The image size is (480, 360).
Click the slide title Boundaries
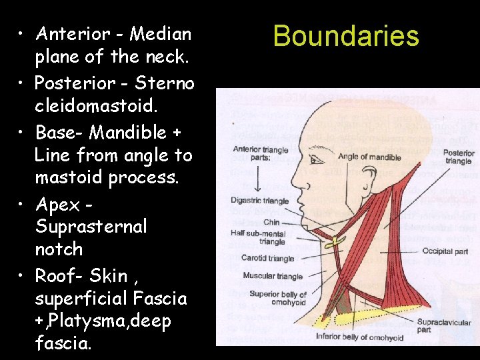tap(346, 36)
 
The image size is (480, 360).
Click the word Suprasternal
tap(91, 227)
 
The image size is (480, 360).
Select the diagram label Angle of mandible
tap(369, 157)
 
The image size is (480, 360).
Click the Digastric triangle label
tap(259, 201)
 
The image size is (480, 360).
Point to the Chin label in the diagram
tap(271, 223)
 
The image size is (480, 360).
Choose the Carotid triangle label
tap(267, 259)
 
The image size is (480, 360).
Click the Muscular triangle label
tap(273, 276)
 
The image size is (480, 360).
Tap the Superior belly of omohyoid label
tap(278, 298)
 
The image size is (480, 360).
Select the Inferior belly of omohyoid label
tap(359, 338)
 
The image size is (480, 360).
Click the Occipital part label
tap(445, 252)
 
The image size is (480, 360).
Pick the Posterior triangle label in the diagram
tap(459, 157)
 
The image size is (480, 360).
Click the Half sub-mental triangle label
tap(257, 237)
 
